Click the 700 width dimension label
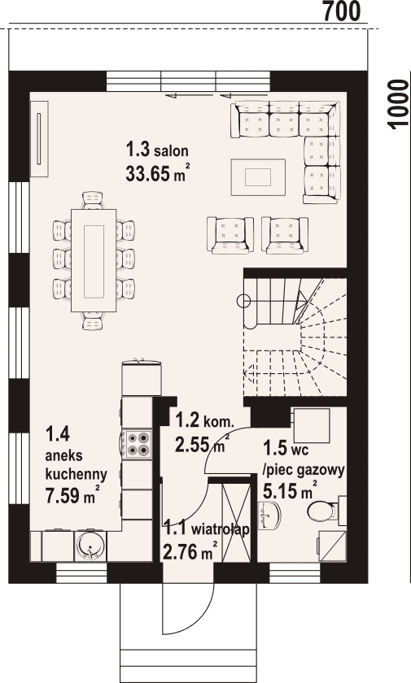point(341,11)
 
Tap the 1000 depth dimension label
point(397,105)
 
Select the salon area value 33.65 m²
point(158,173)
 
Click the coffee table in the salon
point(258,177)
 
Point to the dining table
point(94,260)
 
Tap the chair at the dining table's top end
point(93,200)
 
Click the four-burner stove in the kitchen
point(137,443)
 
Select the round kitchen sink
point(90,545)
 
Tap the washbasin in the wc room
point(269,516)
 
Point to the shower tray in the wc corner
point(333,546)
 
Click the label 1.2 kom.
point(205,421)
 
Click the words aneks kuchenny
point(77,464)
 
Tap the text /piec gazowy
point(304,470)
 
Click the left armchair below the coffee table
point(230,235)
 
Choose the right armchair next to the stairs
point(285,235)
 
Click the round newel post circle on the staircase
point(243,300)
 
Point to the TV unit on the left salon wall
point(39,139)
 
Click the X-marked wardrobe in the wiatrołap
point(237,522)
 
